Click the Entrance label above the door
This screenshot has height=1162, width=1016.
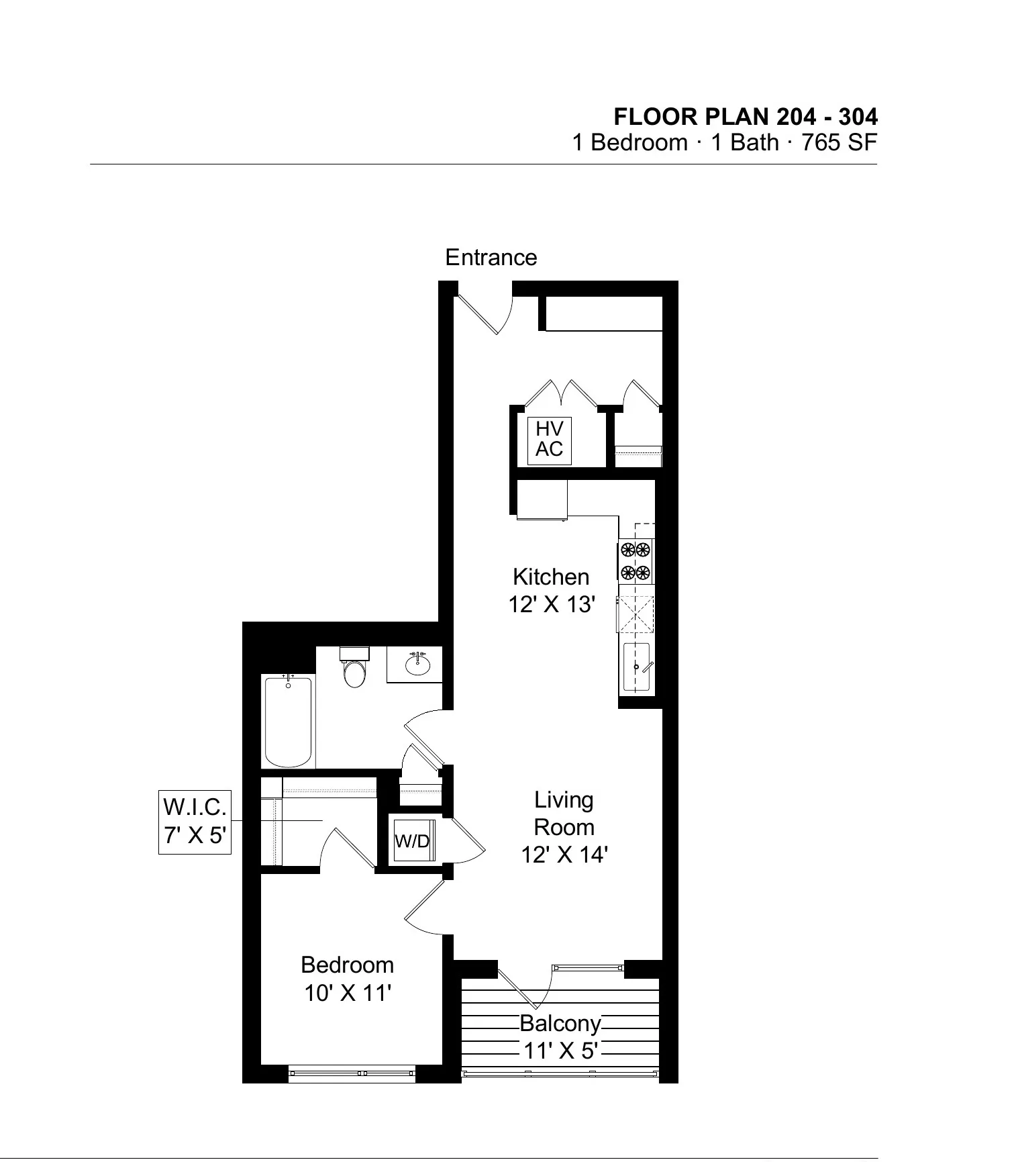point(491,258)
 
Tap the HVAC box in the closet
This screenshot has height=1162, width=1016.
point(549,440)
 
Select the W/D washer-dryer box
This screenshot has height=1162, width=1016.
point(413,840)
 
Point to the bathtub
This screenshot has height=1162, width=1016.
point(289,722)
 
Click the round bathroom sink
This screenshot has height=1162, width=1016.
point(418,665)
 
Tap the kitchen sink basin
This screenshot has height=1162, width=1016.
point(636,667)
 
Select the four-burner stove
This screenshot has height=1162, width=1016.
point(636,561)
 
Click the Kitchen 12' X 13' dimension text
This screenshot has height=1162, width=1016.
point(552,605)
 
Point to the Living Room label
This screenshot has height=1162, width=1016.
point(564,813)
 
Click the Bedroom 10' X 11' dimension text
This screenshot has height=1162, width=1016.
point(347,993)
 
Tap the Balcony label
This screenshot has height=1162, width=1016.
point(560,1024)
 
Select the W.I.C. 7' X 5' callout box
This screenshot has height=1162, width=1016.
point(195,822)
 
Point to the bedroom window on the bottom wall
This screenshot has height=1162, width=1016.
point(352,1073)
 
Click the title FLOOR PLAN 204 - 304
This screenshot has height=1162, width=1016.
point(745,117)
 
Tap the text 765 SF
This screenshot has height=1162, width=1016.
point(840,143)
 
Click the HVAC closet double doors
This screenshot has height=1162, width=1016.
point(560,394)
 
